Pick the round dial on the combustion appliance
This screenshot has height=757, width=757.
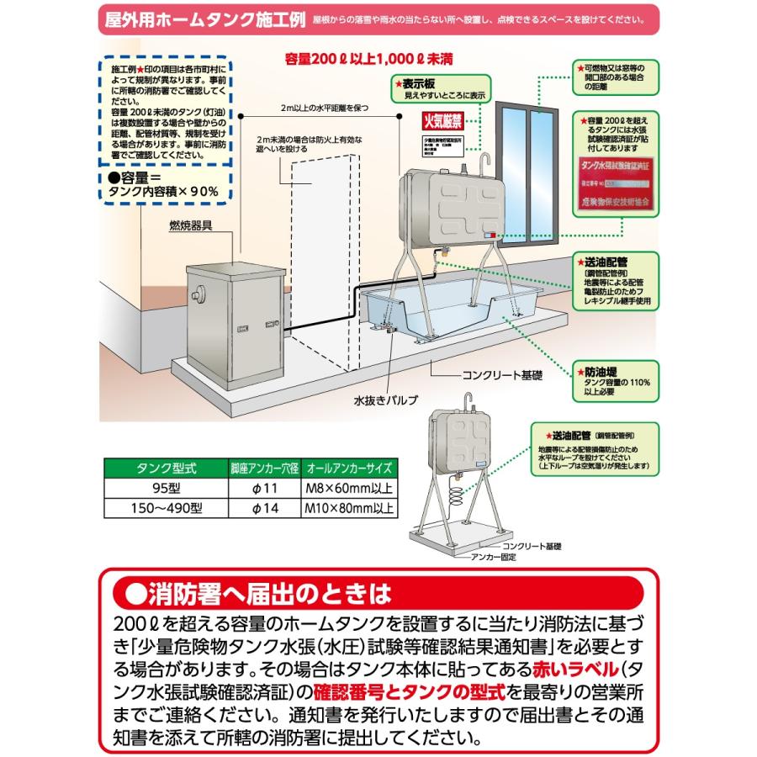point(199,295)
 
